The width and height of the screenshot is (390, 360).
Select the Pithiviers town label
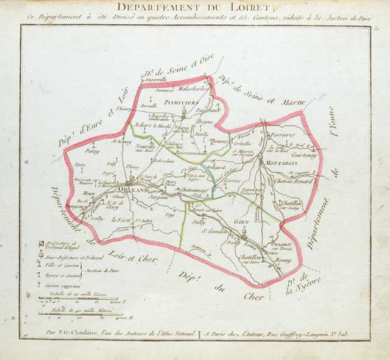tap(183, 103)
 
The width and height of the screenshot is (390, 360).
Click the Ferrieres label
tap(283, 134)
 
